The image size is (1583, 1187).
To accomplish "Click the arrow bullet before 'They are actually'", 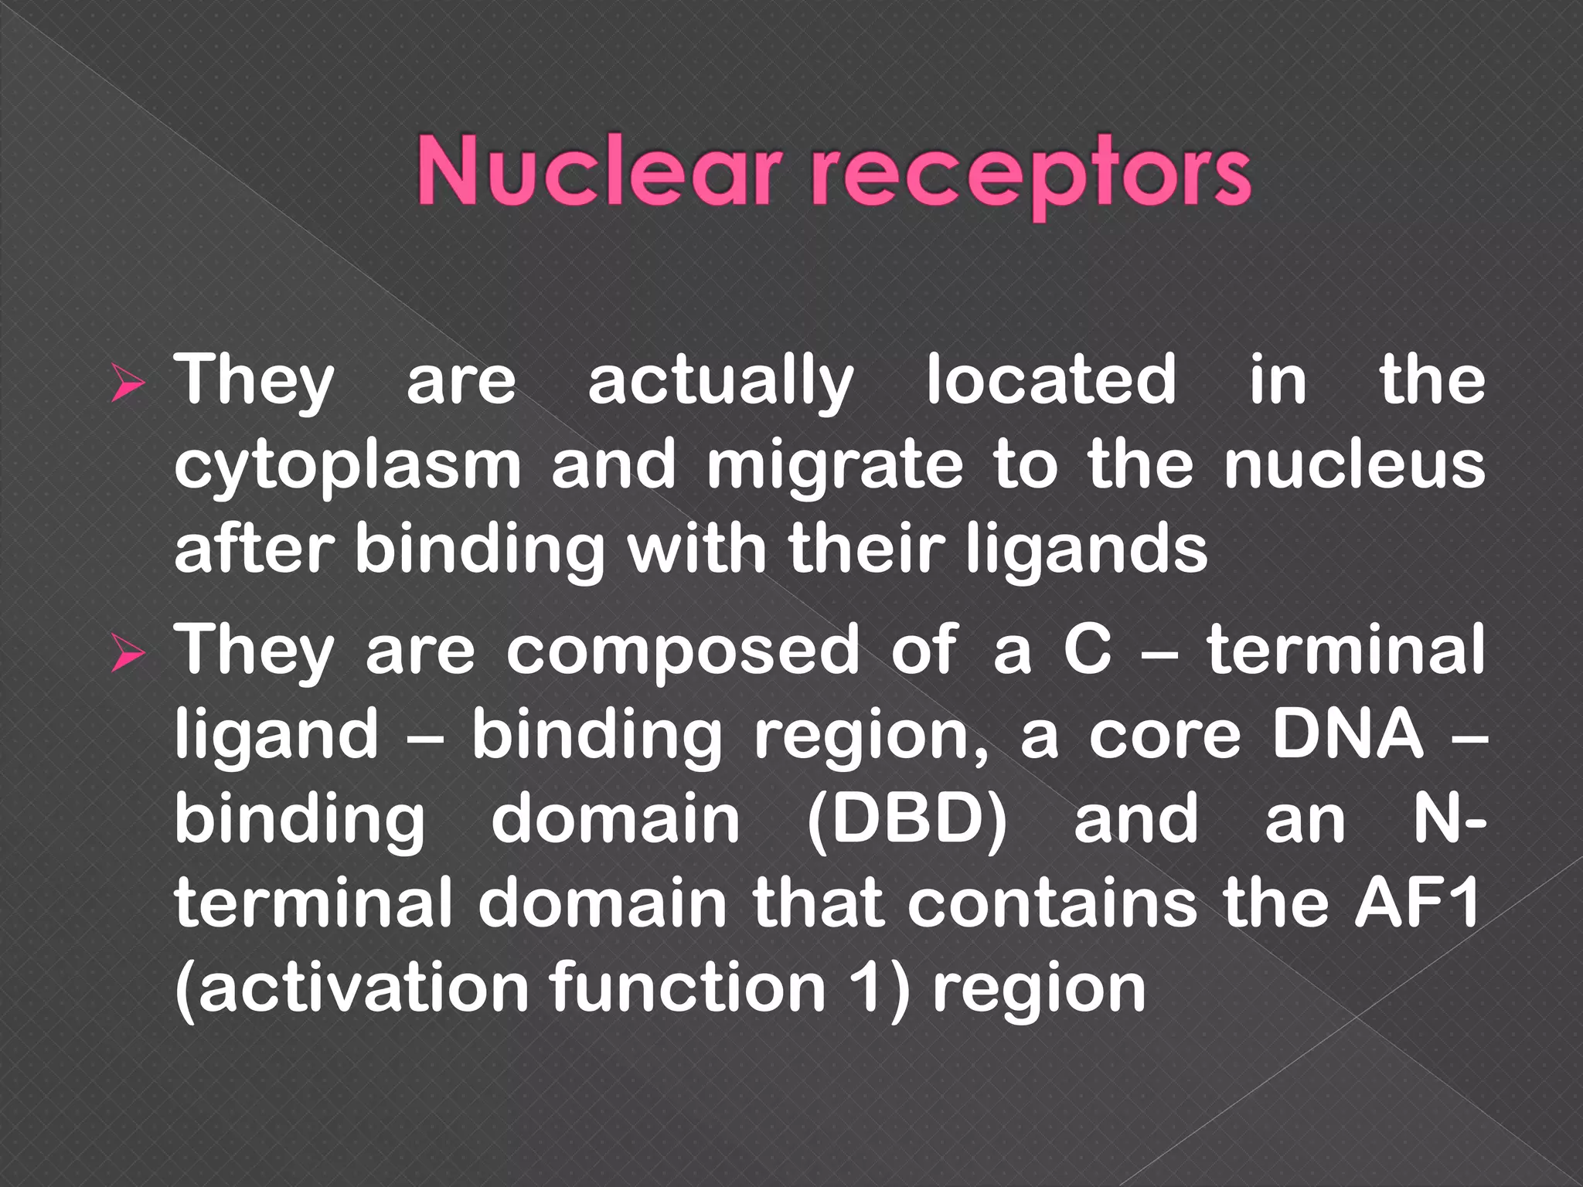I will pos(127,384).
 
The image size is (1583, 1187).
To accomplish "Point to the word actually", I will pos(720,382).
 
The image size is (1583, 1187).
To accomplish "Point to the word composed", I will pos(682,651).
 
